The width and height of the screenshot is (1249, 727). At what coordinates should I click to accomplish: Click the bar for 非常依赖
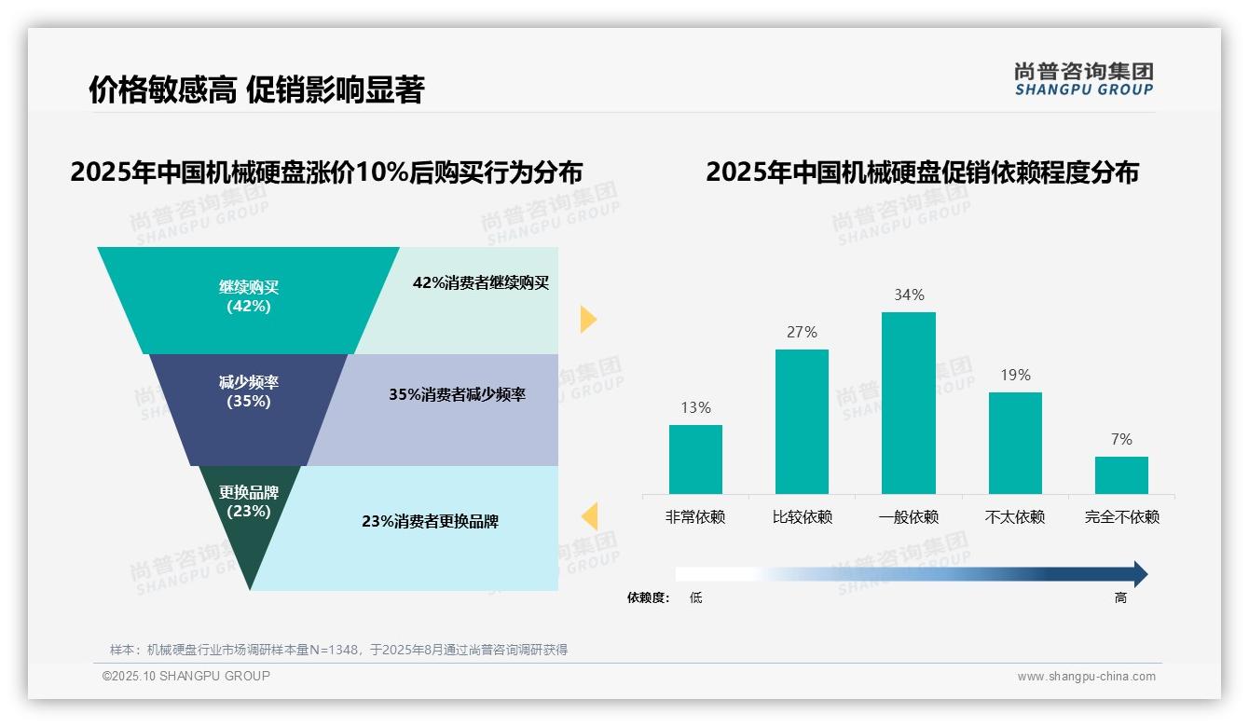pyautogui.click(x=695, y=459)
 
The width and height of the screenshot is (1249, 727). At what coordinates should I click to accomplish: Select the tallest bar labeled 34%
pyautogui.click(x=908, y=403)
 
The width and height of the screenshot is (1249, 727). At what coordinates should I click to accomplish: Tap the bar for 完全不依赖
pyautogui.click(x=1121, y=474)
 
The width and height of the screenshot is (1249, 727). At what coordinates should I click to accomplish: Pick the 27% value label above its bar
pyautogui.click(x=802, y=332)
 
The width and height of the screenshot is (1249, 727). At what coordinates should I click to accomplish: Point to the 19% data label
pyautogui.click(x=1015, y=375)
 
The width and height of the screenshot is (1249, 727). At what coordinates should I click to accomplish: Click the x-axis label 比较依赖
pyautogui.click(x=802, y=516)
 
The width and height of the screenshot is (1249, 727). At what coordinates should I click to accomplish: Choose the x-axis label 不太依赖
pyautogui.click(x=1015, y=516)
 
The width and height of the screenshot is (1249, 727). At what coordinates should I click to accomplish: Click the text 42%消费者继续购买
pyautogui.click(x=481, y=282)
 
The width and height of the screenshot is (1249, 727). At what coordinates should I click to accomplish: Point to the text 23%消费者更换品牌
pyautogui.click(x=430, y=521)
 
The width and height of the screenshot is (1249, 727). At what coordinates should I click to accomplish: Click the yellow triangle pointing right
pyautogui.click(x=587, y=319)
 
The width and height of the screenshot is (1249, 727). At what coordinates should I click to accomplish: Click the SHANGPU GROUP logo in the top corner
pyautogui.click(x=1083, y=79)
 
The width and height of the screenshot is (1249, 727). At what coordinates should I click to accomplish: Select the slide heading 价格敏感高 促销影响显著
pyautogui.click(x=256, y=89)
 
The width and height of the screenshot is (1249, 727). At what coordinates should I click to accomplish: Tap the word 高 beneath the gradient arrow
pyautogui.click(x=1120, y=597)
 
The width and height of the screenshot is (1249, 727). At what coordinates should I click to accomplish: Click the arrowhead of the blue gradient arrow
pyautogui.click(x=1139, y=574)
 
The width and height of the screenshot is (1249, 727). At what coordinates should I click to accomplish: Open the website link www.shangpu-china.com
pyautogui.click(x=1086, y=677)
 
